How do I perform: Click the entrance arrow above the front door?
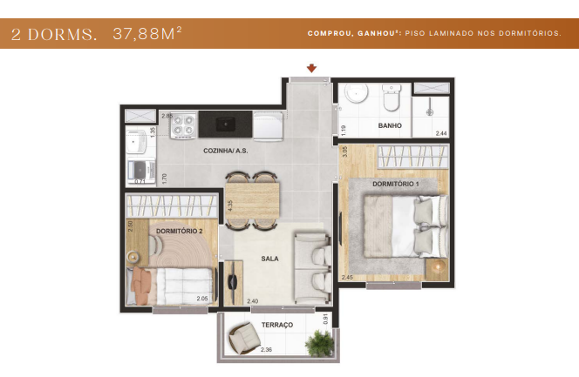[311, 69]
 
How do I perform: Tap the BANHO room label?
[390, 126]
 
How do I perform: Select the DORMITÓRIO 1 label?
[396, 184]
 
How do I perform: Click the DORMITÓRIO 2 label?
[180, 231]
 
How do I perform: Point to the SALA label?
[270, 259]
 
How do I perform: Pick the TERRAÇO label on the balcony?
[276, 325]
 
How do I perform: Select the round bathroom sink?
[357, 95]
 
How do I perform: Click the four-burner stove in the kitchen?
[183, 126]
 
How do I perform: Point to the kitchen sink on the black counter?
[225, 125]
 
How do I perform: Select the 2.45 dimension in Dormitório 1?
[347, 278]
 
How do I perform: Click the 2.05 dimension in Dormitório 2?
[202, 299]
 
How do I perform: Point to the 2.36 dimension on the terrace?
[266, 350]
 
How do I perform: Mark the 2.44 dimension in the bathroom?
[440, 132]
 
